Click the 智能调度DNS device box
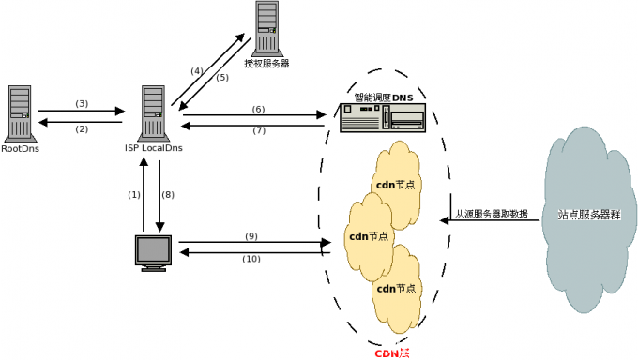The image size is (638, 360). coord(382,117)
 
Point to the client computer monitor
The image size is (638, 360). coord(153,253)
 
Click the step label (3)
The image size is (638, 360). coord(82,103)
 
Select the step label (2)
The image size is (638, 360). coord(82,129)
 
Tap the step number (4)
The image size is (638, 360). coord(196,71)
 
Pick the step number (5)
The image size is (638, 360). coord(221,78)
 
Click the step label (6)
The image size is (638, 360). coord(258,109)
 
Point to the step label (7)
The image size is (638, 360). coord(258,130)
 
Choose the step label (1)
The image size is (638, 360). coord(133,195)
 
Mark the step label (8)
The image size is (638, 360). coord(168,195)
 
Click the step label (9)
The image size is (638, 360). coord(251,235)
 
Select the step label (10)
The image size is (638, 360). coord(251,259)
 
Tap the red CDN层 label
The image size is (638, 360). coord(392,352)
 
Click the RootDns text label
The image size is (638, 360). coord(21,148)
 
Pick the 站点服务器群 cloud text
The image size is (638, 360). coord(589,215)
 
